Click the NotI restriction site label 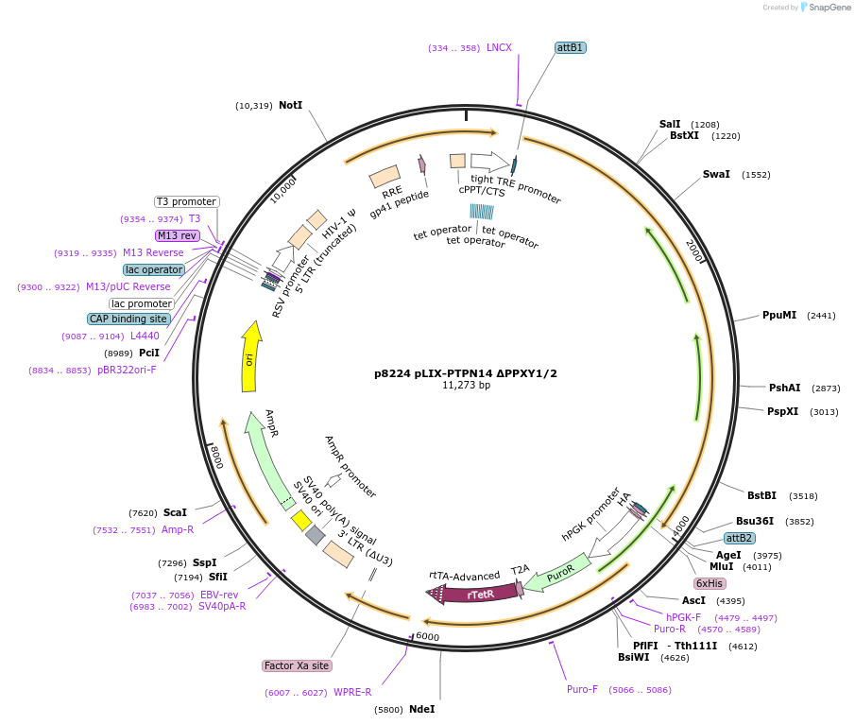point(290,105)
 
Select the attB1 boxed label point(571,47)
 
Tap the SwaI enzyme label point(716,174)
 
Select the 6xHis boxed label point(710,583)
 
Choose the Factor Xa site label point(298,665)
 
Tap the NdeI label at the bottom point(421,709)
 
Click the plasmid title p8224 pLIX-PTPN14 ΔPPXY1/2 point(466,373)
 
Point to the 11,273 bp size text point(466,386)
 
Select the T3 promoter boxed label point(187,201)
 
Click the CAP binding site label point(128,319)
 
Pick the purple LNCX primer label point(499,47)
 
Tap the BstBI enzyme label point(761,495)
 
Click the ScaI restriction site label point(175,512)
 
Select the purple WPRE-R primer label point(352,693)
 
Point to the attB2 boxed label point(739,538)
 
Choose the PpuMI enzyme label point(779,315)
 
